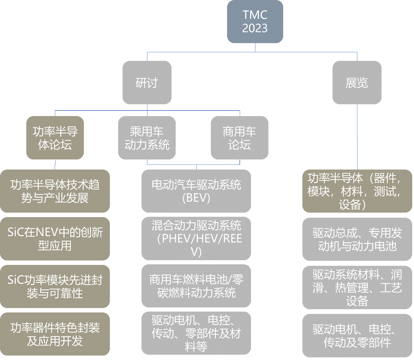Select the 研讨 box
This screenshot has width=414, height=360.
(147, 83)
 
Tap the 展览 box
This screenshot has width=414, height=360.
(357, 83)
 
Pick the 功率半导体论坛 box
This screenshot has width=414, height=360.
(55, 138)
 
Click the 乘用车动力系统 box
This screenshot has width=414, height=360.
(147, 138)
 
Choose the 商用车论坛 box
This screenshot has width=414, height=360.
(239, 138)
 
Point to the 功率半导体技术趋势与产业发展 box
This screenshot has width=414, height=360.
(55, 191)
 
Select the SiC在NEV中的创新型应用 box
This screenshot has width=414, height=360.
(55, 239)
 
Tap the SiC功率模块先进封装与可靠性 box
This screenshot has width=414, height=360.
(55, 286)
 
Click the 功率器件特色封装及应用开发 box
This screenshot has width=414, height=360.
(55, 334)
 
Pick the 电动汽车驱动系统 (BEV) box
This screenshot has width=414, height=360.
(196, 191)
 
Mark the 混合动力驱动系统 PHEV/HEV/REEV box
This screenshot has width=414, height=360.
(196, 239)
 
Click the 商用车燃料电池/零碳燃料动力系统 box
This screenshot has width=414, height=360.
(196, 286)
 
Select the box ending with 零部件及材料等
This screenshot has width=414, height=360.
(196, 333)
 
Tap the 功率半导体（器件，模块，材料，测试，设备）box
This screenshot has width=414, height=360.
(357, 191)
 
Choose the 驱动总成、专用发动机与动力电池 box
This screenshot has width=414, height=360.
(357, 239)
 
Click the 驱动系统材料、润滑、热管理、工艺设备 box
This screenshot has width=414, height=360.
(357, 288)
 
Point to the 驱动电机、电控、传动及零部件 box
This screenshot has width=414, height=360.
(357, 336)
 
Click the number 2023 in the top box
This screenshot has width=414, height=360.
(255, 28)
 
